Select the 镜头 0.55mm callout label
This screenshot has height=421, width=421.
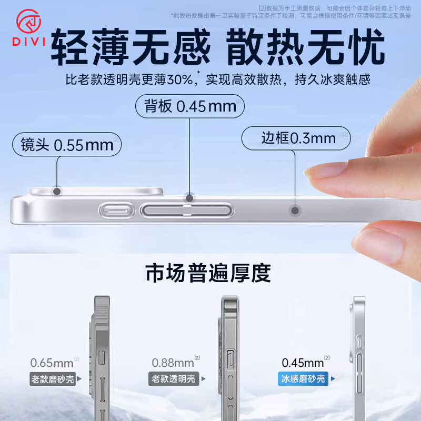coord(67,145)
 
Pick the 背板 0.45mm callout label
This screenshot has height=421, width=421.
coord(190,106)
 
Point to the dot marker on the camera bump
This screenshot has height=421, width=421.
coord(57,191)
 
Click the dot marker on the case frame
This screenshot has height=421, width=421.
coord(295,211)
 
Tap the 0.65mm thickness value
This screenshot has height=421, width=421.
coord(52,363)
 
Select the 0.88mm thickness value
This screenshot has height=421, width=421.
coord(173,363)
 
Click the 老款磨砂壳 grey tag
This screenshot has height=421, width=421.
coord(53,378)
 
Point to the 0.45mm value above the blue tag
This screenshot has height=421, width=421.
coord(303,363)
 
